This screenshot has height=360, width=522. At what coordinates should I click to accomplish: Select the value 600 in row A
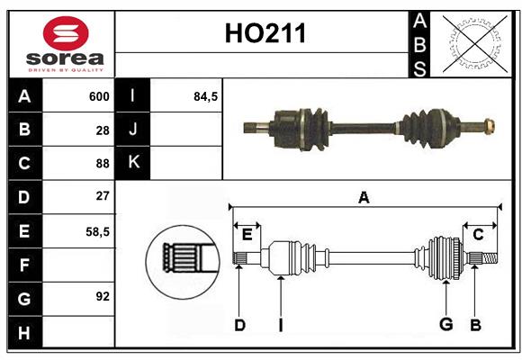point(99,96)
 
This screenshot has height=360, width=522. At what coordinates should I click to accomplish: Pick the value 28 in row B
point(103,130)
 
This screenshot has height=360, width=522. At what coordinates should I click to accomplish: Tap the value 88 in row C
point(103,164)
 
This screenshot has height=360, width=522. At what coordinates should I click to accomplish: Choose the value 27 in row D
point(103,196)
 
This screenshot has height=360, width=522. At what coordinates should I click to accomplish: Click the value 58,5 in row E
point(97,231)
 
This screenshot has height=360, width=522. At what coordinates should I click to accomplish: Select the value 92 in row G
point(103,295)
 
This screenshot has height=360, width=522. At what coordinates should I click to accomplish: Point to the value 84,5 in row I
point(206,96)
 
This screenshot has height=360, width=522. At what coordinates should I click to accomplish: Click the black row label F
point(24,265)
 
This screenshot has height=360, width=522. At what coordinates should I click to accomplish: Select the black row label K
point(134,163)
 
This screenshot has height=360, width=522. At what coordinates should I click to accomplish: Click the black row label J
point(134,130)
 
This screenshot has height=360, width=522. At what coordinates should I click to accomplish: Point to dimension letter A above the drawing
point(364,197)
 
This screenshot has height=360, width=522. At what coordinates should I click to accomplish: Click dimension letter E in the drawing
point(247,234)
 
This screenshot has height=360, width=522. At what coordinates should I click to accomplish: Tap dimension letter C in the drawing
point(478,234)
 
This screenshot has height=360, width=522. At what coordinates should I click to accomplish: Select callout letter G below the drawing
point(445,324)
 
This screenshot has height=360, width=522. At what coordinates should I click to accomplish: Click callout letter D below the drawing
point(239,324)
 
